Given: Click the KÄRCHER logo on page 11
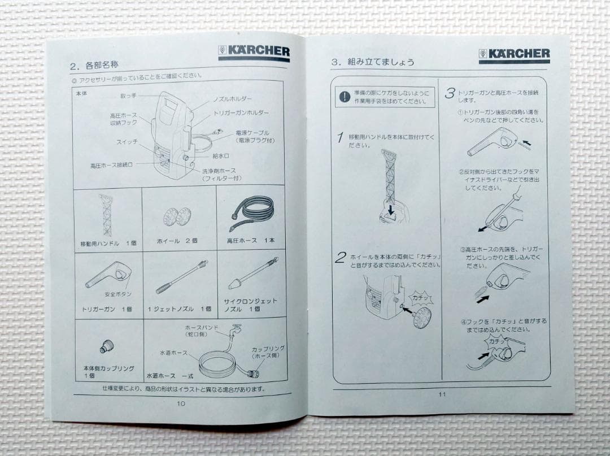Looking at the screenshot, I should [x=514, y=55].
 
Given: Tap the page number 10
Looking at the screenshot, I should [x=181, y=403].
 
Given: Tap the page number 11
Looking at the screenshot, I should [x=442, y=394].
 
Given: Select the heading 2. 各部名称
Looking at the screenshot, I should [x=94, y=65].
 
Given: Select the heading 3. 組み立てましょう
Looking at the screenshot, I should [x=373, y=62].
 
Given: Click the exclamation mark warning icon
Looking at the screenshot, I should [x=344, y=97].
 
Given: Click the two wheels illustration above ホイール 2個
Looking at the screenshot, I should [x=177, y=215].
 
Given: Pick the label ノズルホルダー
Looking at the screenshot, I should [x=232, y=99].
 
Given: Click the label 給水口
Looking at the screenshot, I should [x=220, y=155].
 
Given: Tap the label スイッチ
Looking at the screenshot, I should [x=127, y=141].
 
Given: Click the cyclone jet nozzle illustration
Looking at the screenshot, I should [x=252, y=273].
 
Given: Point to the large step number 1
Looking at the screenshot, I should [x=341, y=137].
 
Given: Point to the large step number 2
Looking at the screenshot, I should [x=340, y=258].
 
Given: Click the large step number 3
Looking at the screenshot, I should [x=450, y=93].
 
